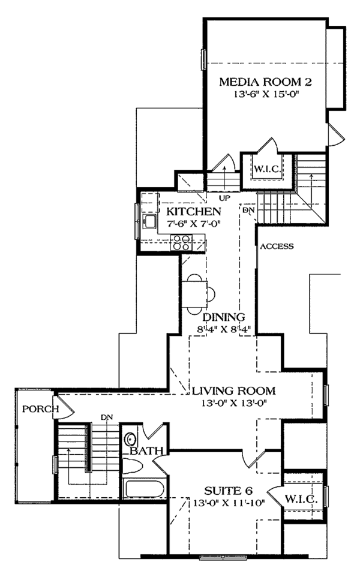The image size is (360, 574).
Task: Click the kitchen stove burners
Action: click(x=181, y=242)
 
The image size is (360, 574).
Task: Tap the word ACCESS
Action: click(x=276, y=246)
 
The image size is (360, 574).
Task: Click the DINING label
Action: click(x=224, y=317)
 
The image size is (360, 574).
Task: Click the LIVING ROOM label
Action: click(x=233, y=391)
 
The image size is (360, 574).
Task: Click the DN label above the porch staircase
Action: click(x=107, y=416)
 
